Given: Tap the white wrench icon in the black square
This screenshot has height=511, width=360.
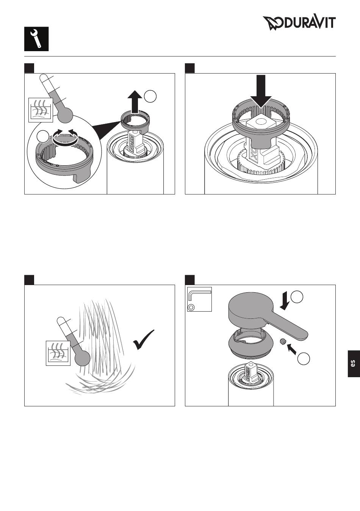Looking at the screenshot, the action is click(x=36, y=39).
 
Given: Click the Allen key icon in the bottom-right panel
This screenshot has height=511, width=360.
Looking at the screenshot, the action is click(x=199, y=299).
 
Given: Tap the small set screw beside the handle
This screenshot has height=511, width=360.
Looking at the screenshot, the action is click(x=283, y=342).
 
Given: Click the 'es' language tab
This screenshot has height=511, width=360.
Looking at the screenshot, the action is click(x=354, y=364).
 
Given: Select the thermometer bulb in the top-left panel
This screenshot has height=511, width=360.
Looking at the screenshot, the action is click(x=65, y=115).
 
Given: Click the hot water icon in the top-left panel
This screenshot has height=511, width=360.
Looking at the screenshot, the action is click(x=41, y=110).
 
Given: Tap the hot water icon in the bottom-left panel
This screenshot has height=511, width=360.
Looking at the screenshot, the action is click(x=58, y=353).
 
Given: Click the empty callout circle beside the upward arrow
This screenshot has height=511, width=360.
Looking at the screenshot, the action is click(x=150, y=97).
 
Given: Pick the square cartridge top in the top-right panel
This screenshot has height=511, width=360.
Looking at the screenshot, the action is click(x=259, y=124).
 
